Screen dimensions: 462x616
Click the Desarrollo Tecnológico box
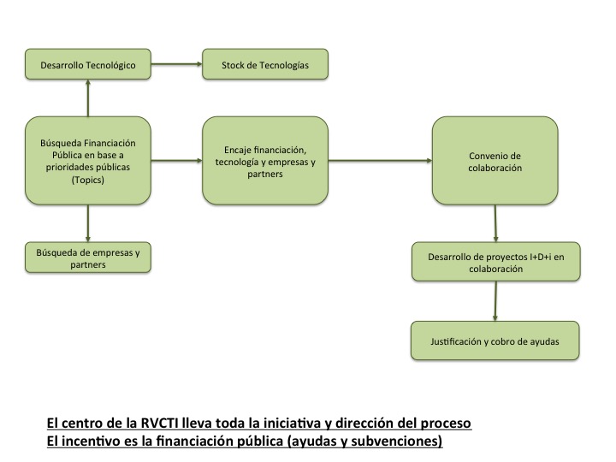(x=88, y=64)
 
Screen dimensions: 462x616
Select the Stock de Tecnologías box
(x=266, y=64)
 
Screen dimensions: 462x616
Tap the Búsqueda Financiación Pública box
(x=88, y=160)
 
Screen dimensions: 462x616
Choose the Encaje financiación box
(x=266, y=160)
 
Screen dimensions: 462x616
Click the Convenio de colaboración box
(x=495, y=160)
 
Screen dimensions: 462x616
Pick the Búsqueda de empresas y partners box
(x=88, y=258)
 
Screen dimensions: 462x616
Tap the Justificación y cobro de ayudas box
(x=495, y=341)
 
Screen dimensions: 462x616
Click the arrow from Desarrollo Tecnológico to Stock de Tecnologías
(x=176, y=64)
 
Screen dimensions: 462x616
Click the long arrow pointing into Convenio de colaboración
(x=380, y=160)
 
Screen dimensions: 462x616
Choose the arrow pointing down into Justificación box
(x=495, y=301)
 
